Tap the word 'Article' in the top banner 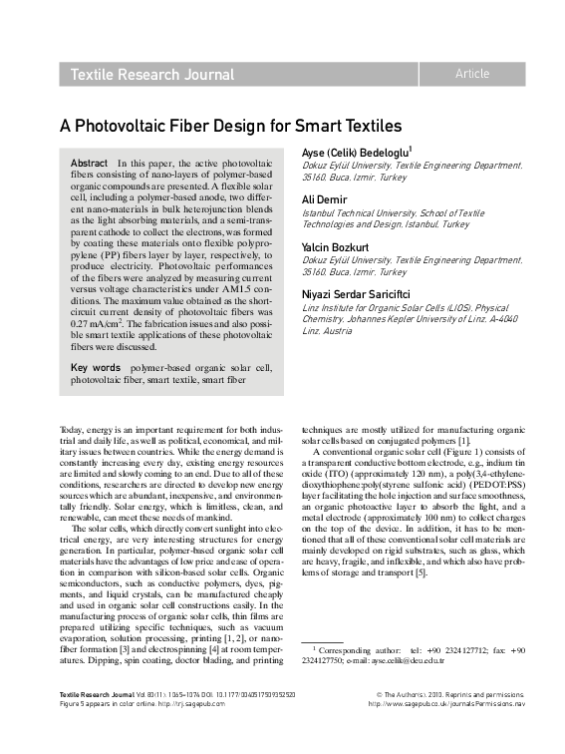pos(471,74)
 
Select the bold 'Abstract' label pos(89,162)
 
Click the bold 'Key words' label pos(95,367)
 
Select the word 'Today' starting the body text pos(73,428)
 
